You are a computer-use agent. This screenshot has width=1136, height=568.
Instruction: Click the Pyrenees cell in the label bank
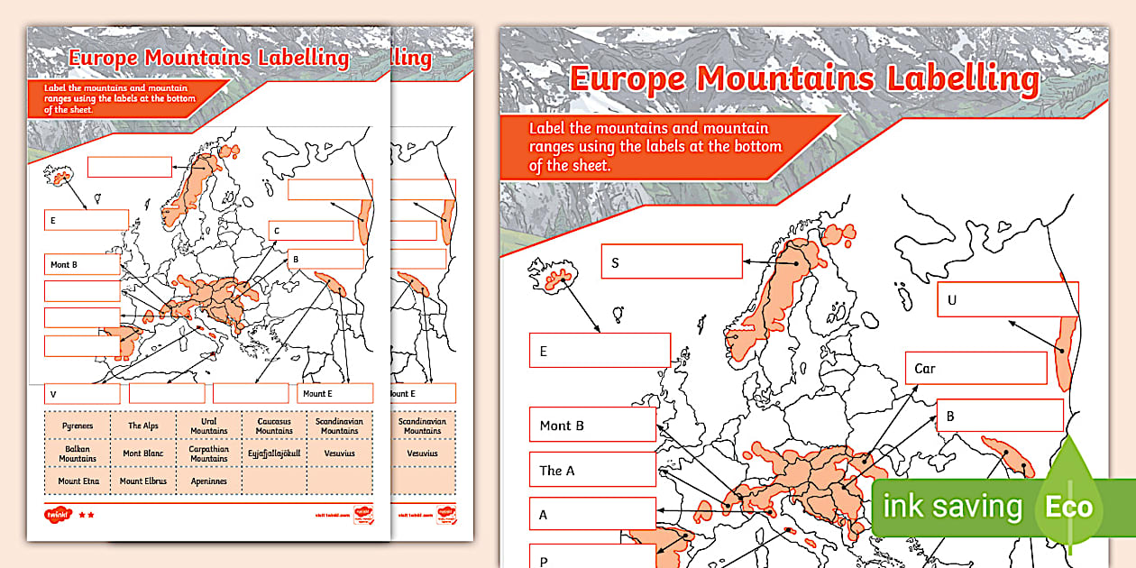[x=78, y=426]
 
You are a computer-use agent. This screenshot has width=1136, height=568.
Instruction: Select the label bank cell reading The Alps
[x=143, y=426]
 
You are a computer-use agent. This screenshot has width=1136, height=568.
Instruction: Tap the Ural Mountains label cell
[x=208, y=426]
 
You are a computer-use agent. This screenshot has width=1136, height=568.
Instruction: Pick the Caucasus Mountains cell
[x=274, y=426]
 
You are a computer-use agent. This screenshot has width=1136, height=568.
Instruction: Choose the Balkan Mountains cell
[x=78, y=453]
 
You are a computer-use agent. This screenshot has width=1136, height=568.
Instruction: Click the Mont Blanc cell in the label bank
[x=143, y=453]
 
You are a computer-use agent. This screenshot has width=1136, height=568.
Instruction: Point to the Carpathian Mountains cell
[x=208, y=453]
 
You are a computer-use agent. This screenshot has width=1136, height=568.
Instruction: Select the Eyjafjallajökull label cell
[x=274, y=453]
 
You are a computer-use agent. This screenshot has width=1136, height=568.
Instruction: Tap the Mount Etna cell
[x=78, y=481]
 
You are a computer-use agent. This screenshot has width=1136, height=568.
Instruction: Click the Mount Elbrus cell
[x=143, y=481]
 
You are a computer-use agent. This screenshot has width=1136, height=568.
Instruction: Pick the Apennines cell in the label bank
[x=208, y=481]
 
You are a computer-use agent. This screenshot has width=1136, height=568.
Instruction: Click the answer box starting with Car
[x=976, y=368]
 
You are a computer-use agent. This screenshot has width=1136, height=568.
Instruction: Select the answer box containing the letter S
[x=672, y=262]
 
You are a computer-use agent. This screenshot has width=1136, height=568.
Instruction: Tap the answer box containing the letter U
[x=1007, y=299]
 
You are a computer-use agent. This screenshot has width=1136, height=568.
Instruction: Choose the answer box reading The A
[x=591, y=470]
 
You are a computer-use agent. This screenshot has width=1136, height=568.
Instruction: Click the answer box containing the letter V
[x=82, y=394]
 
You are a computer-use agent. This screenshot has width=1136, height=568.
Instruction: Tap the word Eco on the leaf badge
[x=1069, y=507]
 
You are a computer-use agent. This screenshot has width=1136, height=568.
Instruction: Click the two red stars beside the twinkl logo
[x=86, y=515]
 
